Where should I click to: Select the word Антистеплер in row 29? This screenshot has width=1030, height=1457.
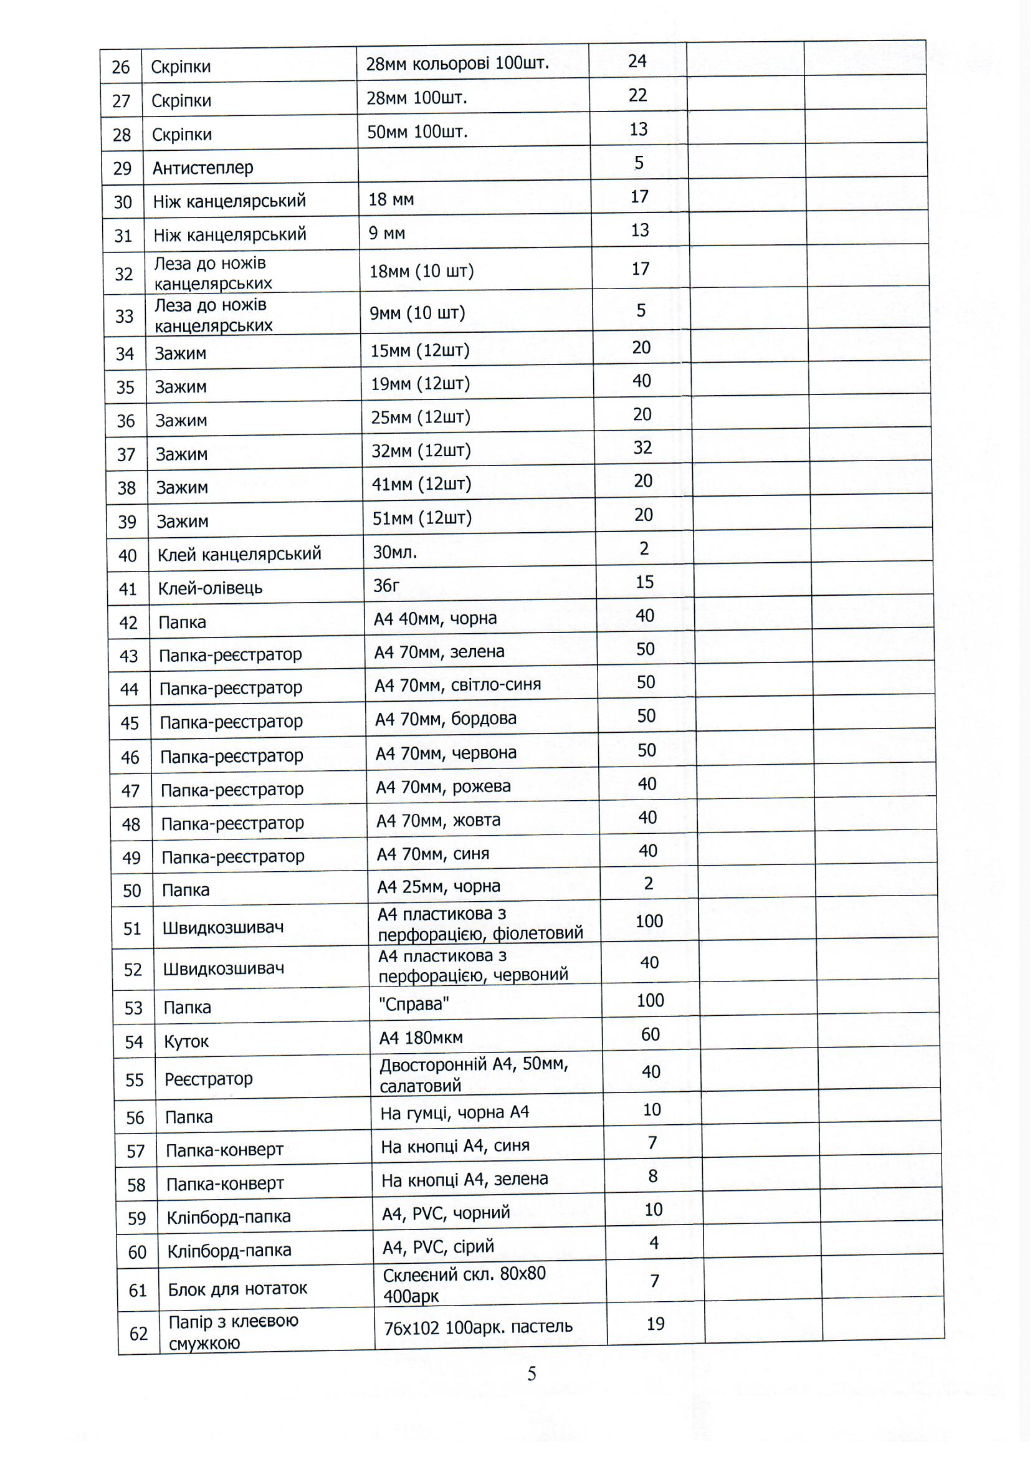203,168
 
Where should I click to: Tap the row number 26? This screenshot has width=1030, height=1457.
121,67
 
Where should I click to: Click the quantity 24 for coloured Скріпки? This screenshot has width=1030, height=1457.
637,61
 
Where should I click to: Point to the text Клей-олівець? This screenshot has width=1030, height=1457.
210,588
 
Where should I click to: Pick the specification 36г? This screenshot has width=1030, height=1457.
386,585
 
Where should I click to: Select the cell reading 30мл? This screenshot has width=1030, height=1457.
394,552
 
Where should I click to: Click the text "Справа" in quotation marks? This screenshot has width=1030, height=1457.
414,1004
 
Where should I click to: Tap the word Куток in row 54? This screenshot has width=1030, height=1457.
186,1041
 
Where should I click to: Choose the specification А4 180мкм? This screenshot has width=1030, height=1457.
421,1038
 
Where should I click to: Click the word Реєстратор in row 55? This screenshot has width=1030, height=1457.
209,1079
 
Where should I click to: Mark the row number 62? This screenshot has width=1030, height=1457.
138,1334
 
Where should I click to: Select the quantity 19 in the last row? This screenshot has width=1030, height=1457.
656,1324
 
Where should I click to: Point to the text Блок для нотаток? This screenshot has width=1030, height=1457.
237,1289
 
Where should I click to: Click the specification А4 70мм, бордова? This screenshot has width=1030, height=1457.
446,719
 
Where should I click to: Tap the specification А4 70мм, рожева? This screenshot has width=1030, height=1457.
443,787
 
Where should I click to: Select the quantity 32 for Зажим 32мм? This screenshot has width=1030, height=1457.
642,447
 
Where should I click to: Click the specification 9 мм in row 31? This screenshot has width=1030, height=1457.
386,234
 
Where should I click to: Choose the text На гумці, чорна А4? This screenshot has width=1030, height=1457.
454,1112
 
